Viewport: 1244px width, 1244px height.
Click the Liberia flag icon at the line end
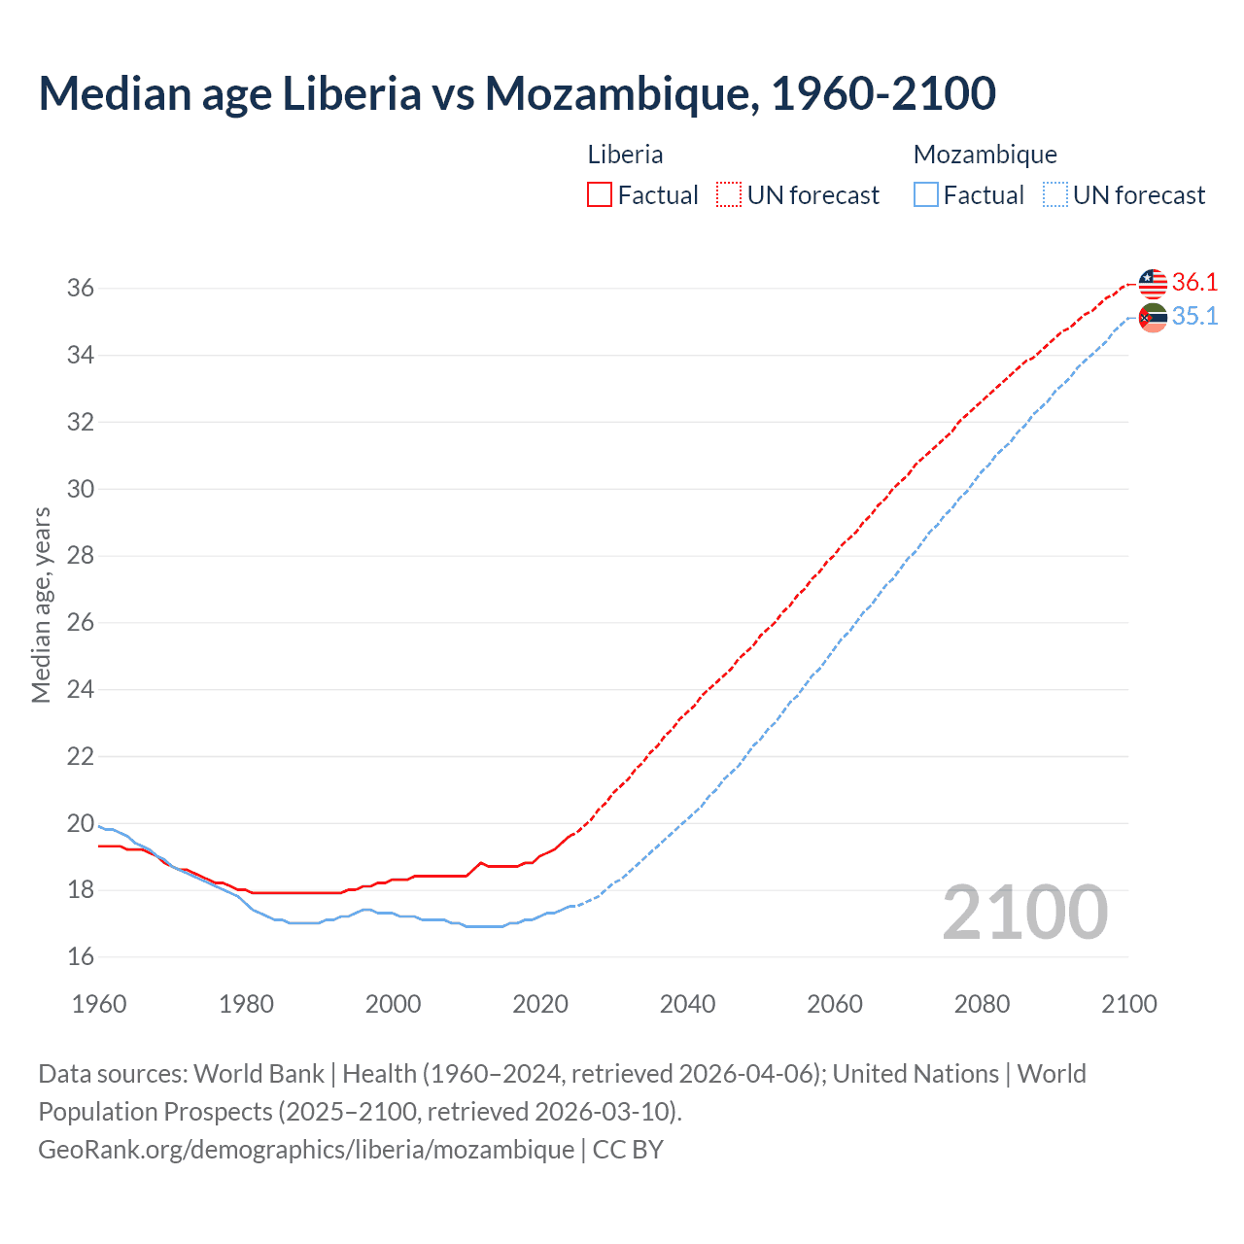(x=1153, y=284)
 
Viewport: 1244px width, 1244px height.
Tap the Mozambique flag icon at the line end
(x=1153, y=317)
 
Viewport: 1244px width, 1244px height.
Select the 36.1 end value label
(x=1194, y=283)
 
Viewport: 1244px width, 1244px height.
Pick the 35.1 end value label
(x=1194, y=317)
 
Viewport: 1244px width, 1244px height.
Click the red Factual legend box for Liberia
(x=600, y=195)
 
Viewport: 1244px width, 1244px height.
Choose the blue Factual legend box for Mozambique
(x=926, y=195)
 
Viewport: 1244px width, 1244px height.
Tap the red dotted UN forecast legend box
(x=729, y=195)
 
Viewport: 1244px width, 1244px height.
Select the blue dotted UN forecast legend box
(x=1055, y=195)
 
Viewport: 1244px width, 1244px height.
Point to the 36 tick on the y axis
(x=81, y=289)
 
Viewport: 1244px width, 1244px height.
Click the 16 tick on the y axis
(x=81, y=957)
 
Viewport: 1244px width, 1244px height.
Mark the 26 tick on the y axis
(x=81, y=623)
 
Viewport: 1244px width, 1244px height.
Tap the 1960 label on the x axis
(x=99, y=1004)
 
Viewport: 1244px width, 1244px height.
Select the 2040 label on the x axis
(x=687, y=1004)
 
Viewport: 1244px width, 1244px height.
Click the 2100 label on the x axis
(x=1128, y=1004)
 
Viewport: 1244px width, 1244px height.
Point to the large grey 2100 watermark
(x=1025, y=912)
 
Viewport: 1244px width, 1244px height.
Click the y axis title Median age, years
(x=41, y=605)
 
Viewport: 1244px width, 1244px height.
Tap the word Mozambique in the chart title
(x=621, y=93)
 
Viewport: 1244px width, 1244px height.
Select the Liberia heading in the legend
(x=625, y=155)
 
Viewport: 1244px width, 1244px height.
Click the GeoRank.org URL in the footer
(x=306, y=1150)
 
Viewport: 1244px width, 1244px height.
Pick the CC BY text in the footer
(x=628, y=1150)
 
